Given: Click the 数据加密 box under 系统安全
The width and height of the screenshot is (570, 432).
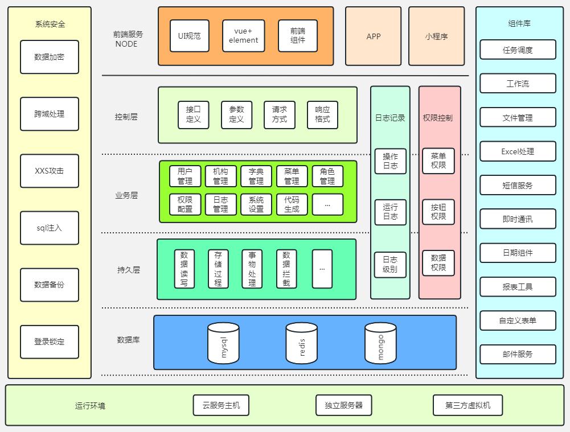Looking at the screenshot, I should (x=50, y=57).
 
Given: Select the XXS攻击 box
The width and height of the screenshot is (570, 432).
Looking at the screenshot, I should (x=50, y=171).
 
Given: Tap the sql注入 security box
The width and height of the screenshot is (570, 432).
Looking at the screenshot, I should (x=50, y=228).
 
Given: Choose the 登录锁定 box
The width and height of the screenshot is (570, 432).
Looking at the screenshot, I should (x=50, y=342).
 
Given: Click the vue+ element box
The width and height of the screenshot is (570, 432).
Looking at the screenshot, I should (x=244, y=36).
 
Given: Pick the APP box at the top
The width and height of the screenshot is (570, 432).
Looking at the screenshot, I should (x=374, y=36).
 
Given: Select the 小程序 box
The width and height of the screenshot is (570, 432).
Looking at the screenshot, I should (x=437, y=36).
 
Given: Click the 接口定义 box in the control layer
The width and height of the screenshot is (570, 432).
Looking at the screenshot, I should (x=194, y=114).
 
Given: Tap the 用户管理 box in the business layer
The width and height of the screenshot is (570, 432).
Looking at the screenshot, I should (x=184, y=176).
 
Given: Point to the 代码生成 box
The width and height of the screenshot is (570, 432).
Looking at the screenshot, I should (x=292, y=204).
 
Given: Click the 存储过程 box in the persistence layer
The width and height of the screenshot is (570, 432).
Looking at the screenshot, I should (x=218, y=269).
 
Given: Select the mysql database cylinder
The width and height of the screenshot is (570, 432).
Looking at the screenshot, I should (x=223, y=343).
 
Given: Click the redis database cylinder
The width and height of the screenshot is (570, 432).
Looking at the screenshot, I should (x=302, y=343).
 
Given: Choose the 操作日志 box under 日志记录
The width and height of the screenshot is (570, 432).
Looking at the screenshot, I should (x=391, y=161).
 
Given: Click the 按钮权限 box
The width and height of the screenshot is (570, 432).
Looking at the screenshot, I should (x=438, y=212).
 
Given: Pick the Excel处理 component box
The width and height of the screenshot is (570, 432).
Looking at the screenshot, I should (x=518, y=151).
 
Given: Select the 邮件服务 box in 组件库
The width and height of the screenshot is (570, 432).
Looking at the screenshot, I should (x=518, y=354).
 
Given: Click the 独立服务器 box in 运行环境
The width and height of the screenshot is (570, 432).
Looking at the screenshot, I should (x=344, y=405).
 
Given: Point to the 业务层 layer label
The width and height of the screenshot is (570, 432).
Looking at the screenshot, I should (x=126, y=195).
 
